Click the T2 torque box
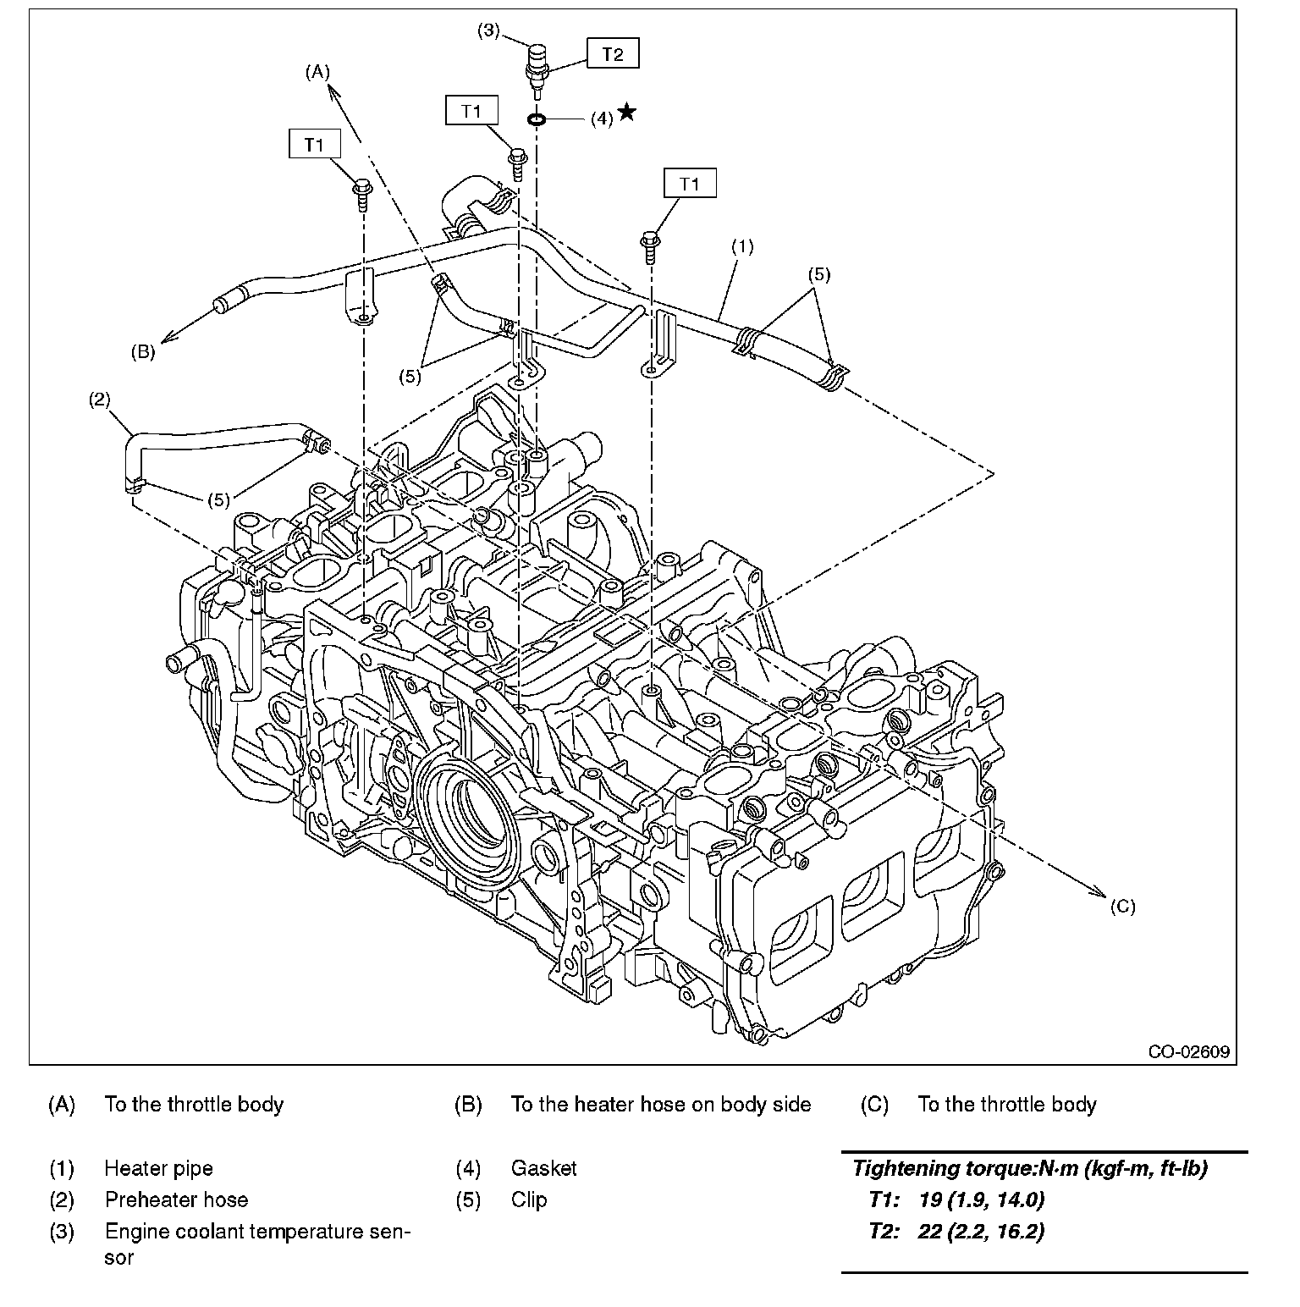(613, 54)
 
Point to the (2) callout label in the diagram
(100, 400)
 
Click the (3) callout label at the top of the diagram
(488, 30)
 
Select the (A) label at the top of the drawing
(317, 73)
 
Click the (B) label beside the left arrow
(142, 352)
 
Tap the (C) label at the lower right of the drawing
(1122, 907)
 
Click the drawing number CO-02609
(1188, 1052)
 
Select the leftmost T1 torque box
(314, 144)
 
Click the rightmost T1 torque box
(690, 184)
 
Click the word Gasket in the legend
(543, 1169)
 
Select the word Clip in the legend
(529, 1200)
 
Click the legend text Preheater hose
(176, 1200)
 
